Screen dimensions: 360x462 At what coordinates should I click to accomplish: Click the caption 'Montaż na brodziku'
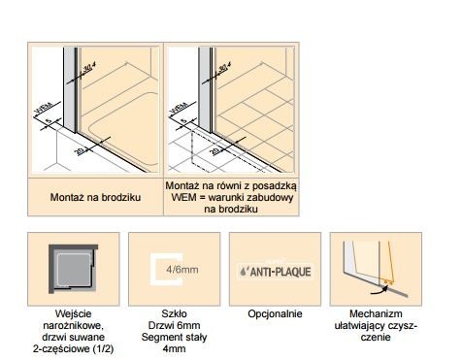96,197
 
